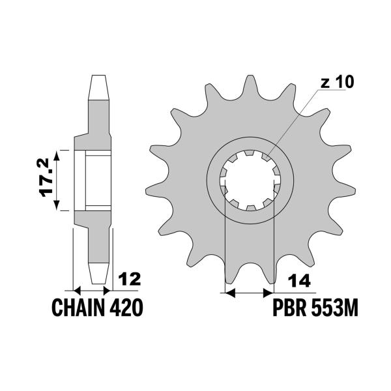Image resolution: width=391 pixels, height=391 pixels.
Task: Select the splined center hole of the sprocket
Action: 250,180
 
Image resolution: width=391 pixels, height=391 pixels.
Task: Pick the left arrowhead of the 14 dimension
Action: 229,293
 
